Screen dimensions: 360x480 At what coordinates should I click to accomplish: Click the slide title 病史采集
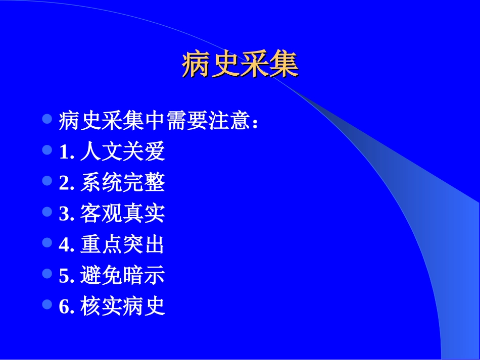coord(240,64)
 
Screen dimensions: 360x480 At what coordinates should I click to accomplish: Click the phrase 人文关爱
coord(122,152)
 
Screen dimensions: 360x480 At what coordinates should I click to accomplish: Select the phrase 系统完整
coord(122,183)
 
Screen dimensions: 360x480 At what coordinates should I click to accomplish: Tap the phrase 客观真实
coord(122,214)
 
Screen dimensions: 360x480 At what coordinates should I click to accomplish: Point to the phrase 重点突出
coord(122,245)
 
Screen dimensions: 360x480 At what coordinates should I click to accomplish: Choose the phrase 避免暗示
coord(122,276)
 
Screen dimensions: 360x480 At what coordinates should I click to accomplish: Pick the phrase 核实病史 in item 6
coord(122,306)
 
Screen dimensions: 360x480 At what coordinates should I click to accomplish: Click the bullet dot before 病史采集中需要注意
coord(47,119)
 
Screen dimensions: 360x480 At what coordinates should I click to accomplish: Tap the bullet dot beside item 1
coord(47,150)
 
